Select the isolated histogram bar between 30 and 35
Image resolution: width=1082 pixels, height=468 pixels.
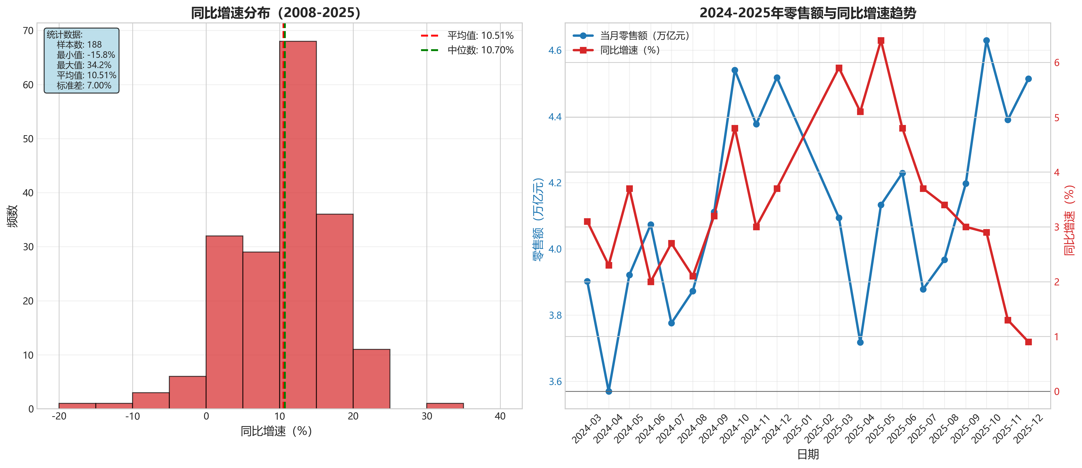pos(445,406)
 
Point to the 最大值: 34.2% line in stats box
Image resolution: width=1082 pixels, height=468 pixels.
pos(84,65)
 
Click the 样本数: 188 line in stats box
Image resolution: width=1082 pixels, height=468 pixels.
pos(79,44)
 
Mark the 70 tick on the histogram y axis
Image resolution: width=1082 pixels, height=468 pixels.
pos(28,31)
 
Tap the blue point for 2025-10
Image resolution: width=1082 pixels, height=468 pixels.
pos(986,41)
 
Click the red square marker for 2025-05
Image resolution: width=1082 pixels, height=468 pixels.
pos(881,41)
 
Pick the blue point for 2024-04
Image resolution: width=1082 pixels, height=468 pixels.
pos(609,391)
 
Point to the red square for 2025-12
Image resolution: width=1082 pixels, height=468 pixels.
pos(1028,342)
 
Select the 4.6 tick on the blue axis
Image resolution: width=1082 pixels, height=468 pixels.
pos(555,50)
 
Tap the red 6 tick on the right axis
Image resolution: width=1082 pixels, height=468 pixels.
pos(1057,63)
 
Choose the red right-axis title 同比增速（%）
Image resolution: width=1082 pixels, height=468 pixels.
pos(1069,220)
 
